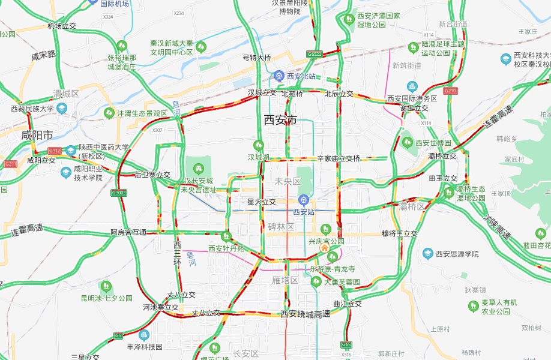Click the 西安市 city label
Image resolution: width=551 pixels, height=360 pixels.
click(280, 120)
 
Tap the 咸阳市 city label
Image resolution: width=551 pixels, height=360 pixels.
click(37, 135)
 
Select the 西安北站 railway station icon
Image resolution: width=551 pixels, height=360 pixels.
click(279, 76)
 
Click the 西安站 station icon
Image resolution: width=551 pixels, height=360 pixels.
click(304, 200)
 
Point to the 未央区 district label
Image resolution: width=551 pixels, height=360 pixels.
click(287, 181)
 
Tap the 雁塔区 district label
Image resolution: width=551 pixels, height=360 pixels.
click(286, 280)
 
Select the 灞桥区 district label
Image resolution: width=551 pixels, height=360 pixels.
click(412, 206)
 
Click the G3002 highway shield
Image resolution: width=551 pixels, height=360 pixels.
click(119, 193)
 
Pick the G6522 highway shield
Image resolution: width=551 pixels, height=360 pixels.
click(314, 54)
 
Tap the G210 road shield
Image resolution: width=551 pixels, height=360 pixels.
click(450, 90)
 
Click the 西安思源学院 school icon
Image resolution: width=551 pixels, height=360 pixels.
click(428, 254)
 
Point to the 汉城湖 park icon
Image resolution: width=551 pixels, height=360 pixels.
click(259, 145)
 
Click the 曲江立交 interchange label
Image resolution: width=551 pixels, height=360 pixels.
click(348, 304)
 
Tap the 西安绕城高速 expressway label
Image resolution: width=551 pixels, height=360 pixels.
click(306, 314)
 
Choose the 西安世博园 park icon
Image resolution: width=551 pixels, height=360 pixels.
click(408, 143)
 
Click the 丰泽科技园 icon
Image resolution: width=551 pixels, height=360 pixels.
click(144, 335)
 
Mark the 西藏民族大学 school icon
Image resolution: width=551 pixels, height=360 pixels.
click(62, 109)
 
